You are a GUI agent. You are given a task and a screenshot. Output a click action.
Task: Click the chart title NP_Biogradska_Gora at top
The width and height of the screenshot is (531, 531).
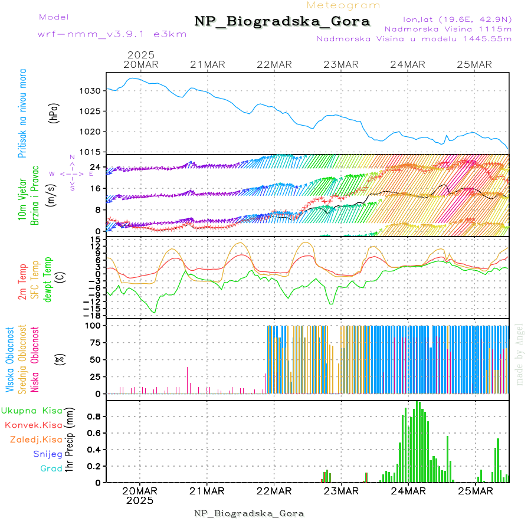[x=282, y=22]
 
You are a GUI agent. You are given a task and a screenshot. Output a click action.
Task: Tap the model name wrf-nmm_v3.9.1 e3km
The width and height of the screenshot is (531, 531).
[x=112, y=34]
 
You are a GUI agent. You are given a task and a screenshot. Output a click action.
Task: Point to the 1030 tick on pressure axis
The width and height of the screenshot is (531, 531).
[x=91, y=91]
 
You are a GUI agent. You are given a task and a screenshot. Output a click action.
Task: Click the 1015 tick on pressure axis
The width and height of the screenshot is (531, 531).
[x=91, y=152]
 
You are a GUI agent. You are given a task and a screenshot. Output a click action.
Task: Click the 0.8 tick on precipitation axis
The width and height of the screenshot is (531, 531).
[x=94, y=417]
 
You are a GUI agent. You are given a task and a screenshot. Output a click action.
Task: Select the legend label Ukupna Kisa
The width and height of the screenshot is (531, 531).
[x=32, y=410]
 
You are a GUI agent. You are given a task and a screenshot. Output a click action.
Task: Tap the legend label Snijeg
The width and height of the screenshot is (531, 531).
[x=48, y=454]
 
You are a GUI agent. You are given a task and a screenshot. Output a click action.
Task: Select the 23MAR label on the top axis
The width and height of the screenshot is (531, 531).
[x=341, y=64]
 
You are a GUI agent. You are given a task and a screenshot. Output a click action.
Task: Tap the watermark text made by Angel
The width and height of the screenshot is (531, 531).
[x=520, y=354]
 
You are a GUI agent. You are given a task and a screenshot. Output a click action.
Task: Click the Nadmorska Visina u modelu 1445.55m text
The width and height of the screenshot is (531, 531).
[x=414, y=38]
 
